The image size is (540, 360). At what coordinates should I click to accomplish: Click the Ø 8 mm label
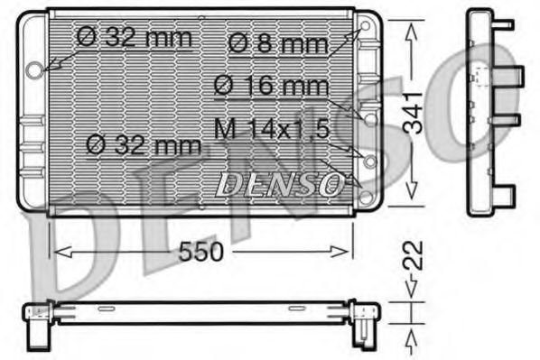coord(269,42)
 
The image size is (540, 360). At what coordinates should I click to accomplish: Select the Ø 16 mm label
coord(270,88)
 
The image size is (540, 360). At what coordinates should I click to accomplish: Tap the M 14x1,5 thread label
coord(270,129)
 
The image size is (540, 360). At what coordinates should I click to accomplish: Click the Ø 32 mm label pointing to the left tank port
coord(135,37)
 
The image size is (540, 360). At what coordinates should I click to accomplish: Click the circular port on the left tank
coord(35,69)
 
